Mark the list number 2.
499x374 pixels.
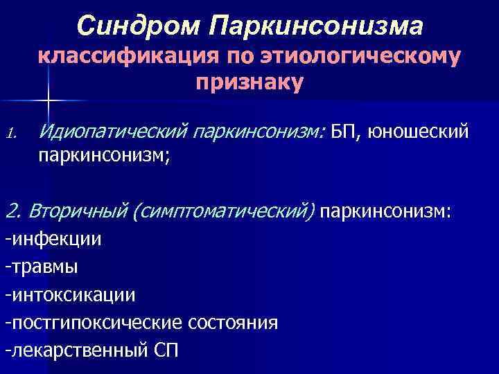pos(12,210)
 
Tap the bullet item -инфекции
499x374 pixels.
pos(52,239)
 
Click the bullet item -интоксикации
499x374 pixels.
pos(70,294)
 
